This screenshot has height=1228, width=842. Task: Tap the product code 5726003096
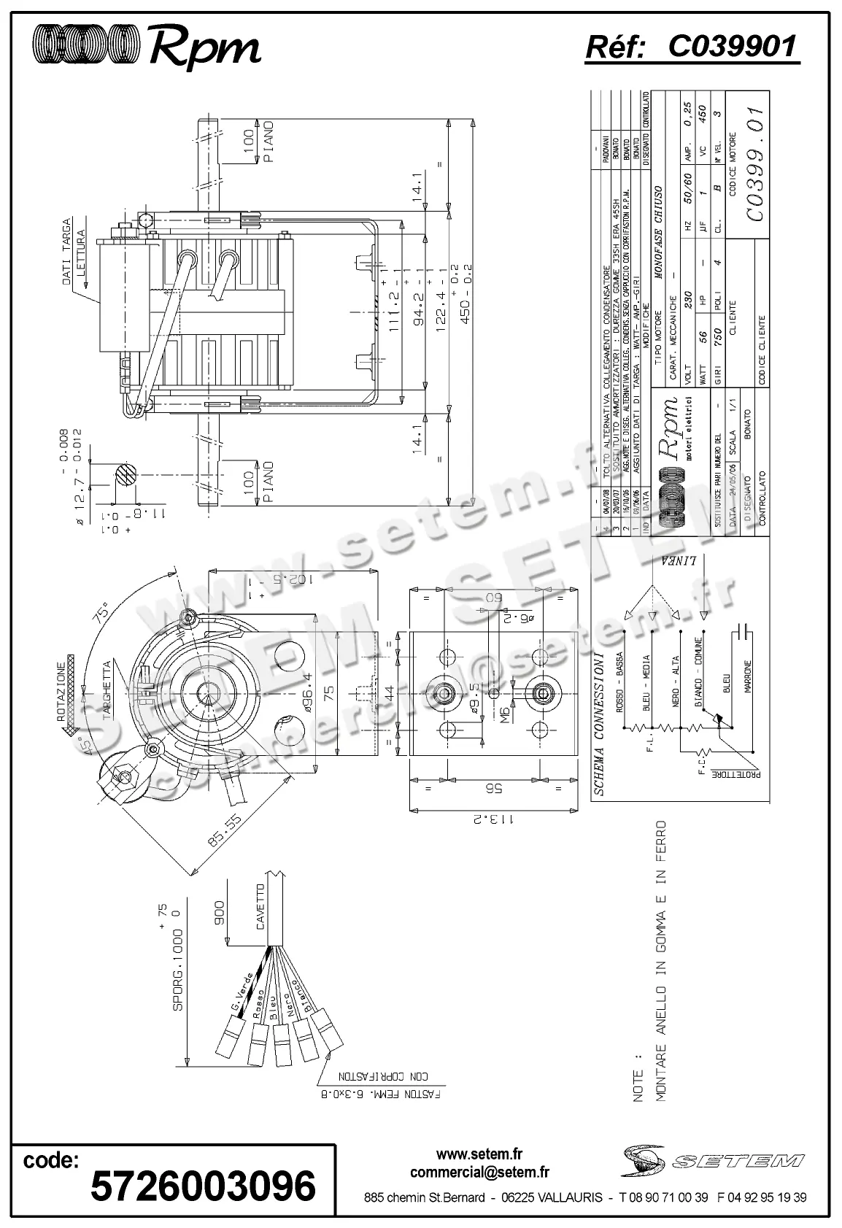(203, 1184)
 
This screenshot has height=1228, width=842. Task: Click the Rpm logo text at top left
(205, 47)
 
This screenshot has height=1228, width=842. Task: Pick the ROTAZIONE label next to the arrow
(61, 690)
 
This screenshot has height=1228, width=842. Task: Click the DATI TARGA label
(66, 251)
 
